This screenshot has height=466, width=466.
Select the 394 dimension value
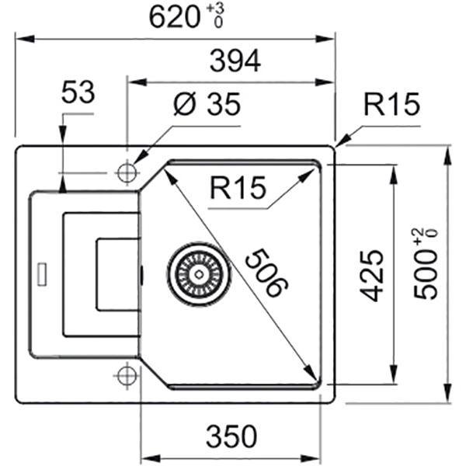[232, 61]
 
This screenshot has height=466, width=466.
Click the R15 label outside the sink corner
[391, 104]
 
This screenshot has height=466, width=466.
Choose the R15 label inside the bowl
[238, 187]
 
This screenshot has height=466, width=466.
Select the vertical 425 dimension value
[374, 275]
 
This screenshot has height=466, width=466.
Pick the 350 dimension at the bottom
[231, 437]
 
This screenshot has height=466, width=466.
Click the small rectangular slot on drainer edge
[41, 273]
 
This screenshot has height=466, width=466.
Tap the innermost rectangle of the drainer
[116, 273]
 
